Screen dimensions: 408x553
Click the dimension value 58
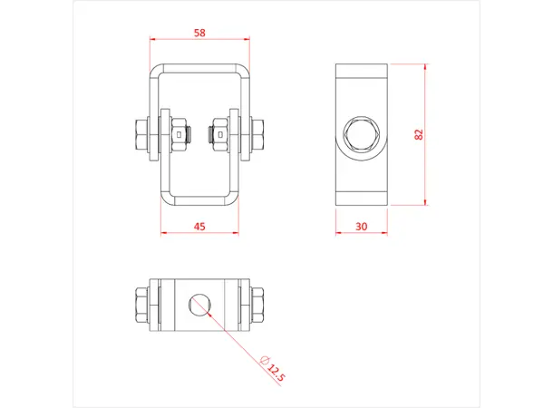click(199, 33)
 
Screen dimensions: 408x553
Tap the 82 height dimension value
click(418, 134)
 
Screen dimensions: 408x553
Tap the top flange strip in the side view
click(361, 71)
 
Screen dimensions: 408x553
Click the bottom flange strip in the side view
click(361, 199)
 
